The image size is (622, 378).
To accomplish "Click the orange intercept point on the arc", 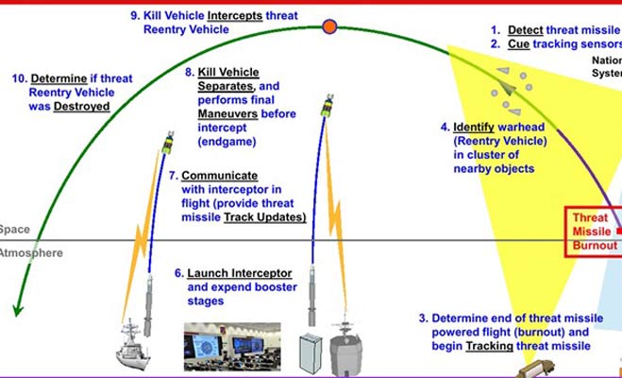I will pos(328,26).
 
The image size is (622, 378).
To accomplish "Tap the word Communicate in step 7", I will pos(220,176).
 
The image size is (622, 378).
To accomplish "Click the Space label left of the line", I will pos(14,230).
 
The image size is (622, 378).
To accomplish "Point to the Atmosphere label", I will pos(31,253).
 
